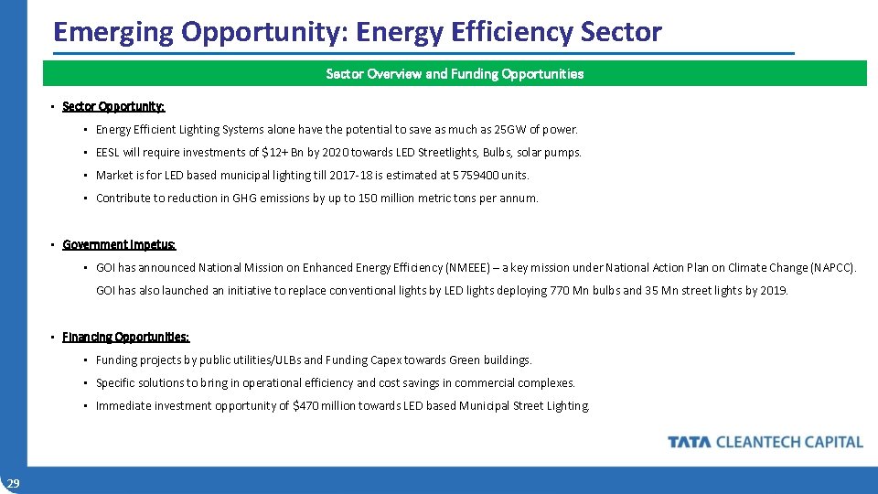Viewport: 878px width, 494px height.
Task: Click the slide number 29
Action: pos(13,483)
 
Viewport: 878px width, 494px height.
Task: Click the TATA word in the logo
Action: pos(690,443)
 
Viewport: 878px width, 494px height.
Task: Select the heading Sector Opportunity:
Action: pos(113,107)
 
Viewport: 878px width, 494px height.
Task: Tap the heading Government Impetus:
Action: pos(119,245)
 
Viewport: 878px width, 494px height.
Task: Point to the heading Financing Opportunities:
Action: pos(126,338)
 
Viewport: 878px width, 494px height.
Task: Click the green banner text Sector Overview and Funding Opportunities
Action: pos(455,74)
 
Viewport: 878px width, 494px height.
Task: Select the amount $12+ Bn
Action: pos(282,153)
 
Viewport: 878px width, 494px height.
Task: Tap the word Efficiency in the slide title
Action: pos(513,32)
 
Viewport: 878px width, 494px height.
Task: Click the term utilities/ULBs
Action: pos(280,360)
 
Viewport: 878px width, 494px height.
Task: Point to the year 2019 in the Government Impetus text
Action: pos(773,291)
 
